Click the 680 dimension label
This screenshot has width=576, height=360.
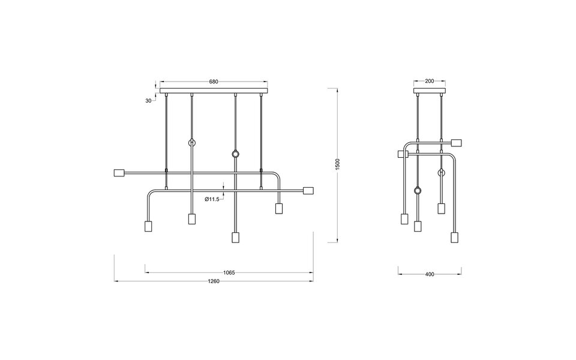coord(213,82)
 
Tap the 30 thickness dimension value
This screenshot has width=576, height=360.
coord(148,101)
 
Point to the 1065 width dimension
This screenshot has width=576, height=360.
coord(229,272)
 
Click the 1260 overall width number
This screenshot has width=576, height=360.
coord(214,281)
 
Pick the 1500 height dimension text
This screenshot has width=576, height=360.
coord(337,164)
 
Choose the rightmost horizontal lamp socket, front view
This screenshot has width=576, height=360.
coord(308,191)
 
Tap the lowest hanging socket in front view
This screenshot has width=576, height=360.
coord(235,236)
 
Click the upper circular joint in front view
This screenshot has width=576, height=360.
coord(192,143)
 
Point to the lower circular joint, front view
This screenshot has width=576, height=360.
coord(235,155)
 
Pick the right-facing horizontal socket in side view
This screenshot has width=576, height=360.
coord(455,143)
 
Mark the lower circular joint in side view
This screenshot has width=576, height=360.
coord(417,191)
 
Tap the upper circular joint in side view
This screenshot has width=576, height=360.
coord(442,173)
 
